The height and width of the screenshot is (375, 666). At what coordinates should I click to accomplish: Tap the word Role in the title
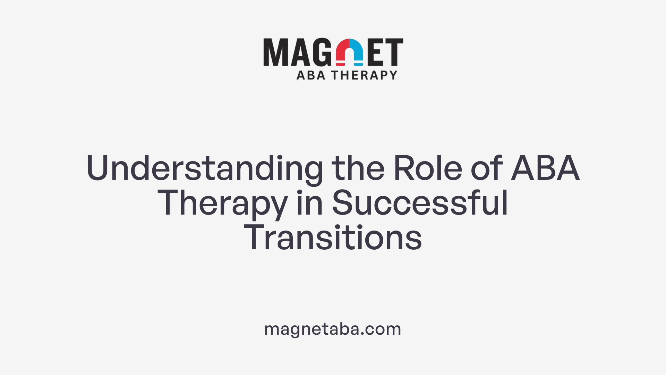(x=428, y=169)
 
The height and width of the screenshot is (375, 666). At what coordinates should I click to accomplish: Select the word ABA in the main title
(x=545, y=169)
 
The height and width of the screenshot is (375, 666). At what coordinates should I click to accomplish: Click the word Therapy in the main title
(x=222, y=203)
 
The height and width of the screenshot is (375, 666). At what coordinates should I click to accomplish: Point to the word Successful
(x=420, y=203)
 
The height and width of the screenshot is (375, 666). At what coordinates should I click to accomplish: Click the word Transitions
(x=333, y=238)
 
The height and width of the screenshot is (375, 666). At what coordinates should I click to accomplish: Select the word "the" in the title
(x=358, y=169)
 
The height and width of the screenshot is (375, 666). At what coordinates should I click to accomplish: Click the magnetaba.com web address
(x=333, y=329)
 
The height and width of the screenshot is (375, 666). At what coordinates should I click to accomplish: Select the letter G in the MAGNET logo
(x=322, y=52)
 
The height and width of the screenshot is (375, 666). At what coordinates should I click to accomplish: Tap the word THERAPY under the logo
(x=364, y=75)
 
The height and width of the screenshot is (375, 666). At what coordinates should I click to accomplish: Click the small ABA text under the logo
(x=311, y=75)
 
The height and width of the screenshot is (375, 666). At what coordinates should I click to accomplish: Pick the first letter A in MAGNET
(x=300, y=52)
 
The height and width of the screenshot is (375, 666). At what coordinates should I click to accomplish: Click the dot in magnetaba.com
(x=362, y=334)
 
